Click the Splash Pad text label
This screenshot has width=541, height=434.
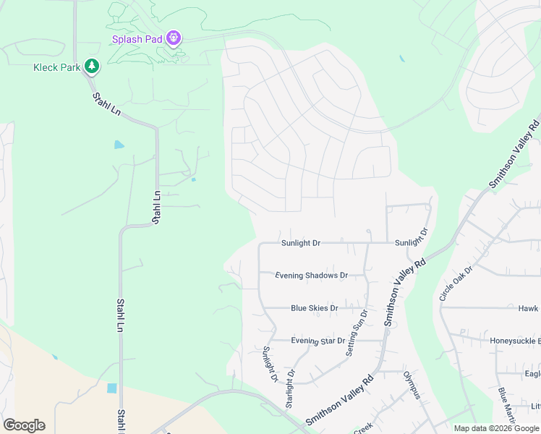coord(135,39)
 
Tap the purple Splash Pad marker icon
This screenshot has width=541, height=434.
coord(173,37)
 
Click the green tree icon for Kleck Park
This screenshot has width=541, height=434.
coord(92,67)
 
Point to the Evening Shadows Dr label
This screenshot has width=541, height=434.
coord(312,276)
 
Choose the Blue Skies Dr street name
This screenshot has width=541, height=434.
coord(314,308)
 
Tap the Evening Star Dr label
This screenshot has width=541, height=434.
coord(318,341)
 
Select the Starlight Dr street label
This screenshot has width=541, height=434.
coord(289,389)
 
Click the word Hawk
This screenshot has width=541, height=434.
coord(528,309)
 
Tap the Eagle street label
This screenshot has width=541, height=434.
coord(532,374)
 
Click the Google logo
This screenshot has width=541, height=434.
coord(24,425)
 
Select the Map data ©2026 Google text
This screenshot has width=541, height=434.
coord(496,428)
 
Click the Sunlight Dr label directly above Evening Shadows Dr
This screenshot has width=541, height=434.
coord(300,244)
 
